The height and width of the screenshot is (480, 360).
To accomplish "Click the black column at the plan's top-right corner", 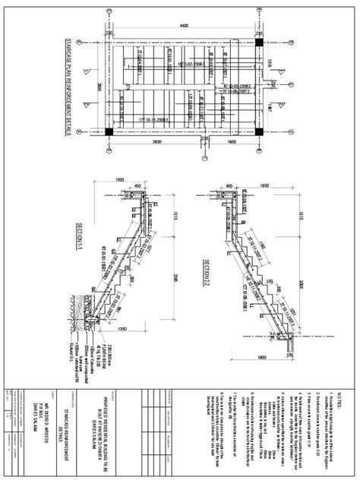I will coord(259,42).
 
